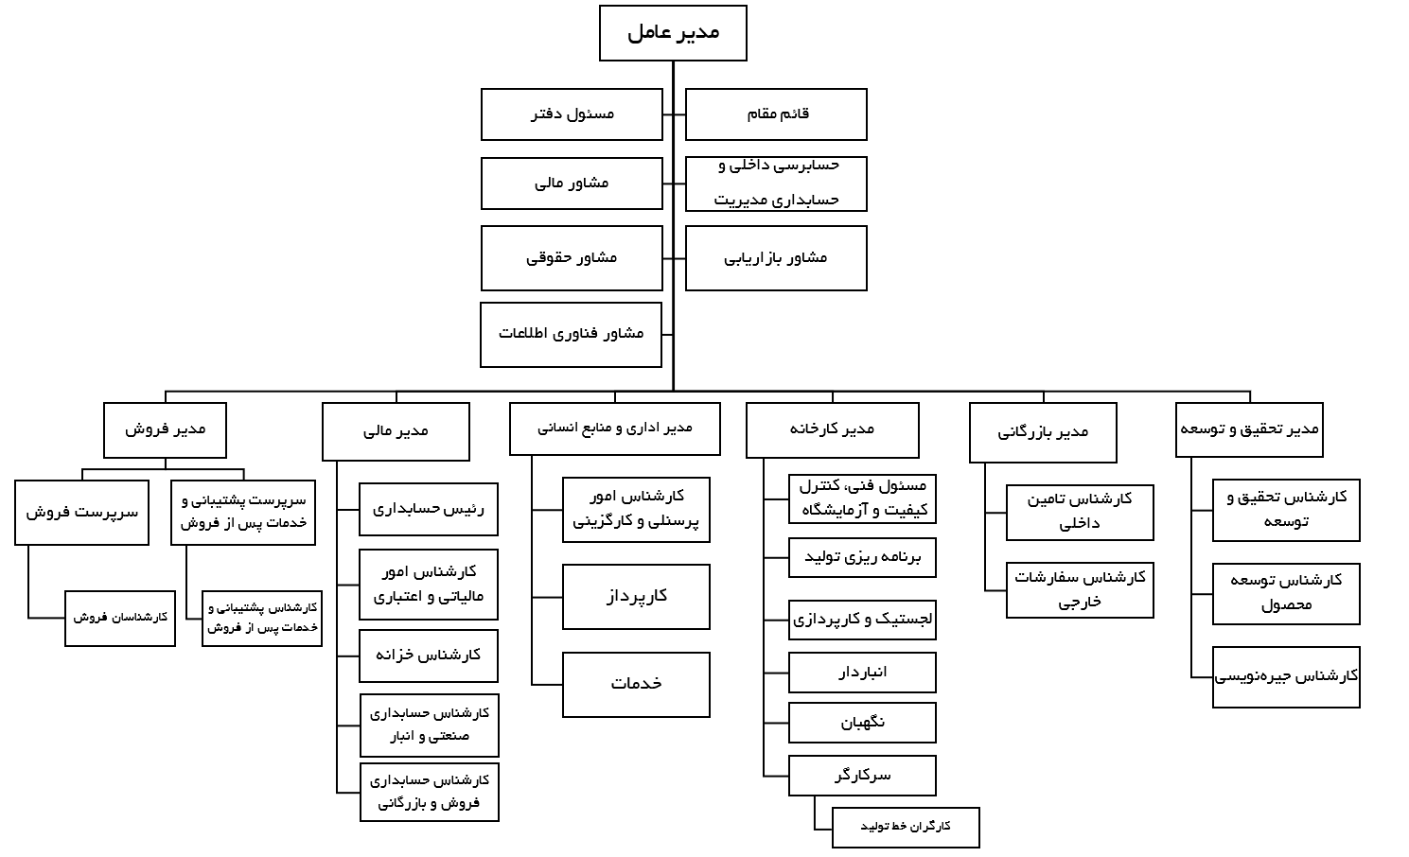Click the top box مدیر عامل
click(673, 33)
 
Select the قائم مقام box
click(776, 114)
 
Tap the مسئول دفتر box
click(572, 114)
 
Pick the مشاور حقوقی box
click(572, 258)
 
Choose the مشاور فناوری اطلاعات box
click(572, 335)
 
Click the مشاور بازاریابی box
click(776, 258)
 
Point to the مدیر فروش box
click(165, 430)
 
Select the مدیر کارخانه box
click(832, 430)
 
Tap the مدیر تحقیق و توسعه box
click(1249, 429)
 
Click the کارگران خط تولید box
click(906, 828)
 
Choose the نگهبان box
click(862, 723)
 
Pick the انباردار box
click(862, 673)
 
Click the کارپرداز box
click(636, 597)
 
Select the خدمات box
click(636, 685)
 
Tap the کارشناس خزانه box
click(429, 656)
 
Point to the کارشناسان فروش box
click(120, 618)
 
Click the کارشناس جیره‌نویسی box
click(1286, 677)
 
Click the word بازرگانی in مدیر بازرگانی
click(1020, 432)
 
